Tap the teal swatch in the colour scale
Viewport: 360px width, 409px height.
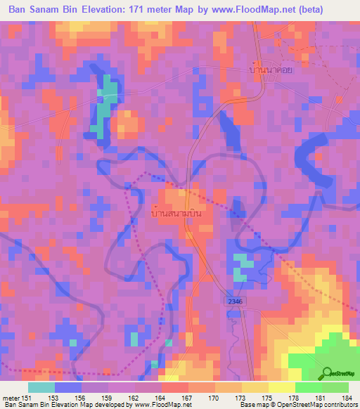click(41, 387)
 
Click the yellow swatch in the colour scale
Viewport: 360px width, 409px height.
click(282, 387)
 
